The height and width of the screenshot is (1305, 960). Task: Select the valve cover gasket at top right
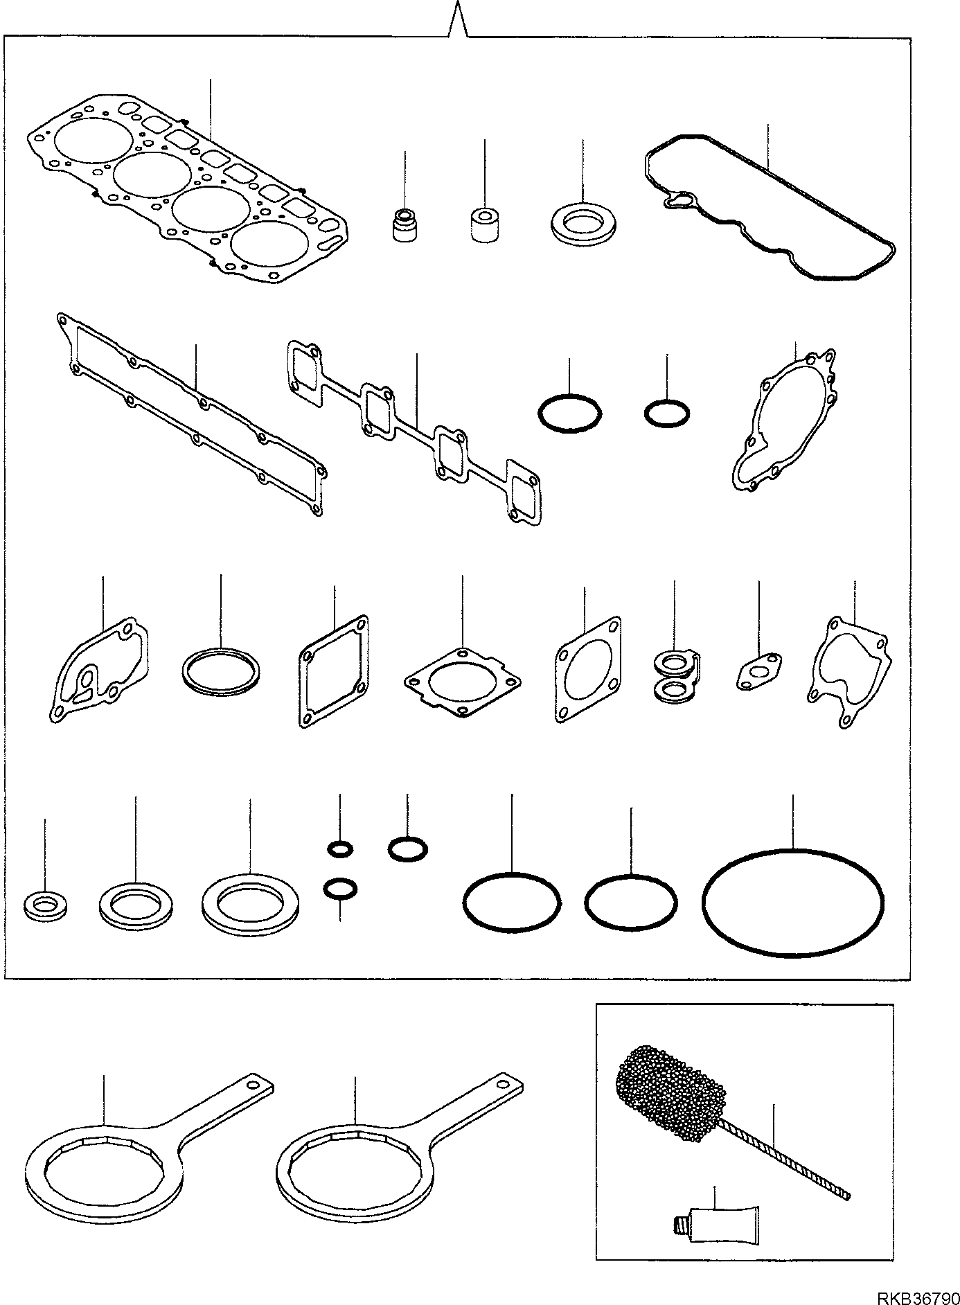tap(769, 208)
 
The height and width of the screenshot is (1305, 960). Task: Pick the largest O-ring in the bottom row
tap(792, 903)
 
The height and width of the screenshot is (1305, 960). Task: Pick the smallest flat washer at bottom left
tap(45, 906)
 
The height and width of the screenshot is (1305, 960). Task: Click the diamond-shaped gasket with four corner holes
tap(462, 682)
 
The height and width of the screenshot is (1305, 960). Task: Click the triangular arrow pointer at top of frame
tap(457, 21)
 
